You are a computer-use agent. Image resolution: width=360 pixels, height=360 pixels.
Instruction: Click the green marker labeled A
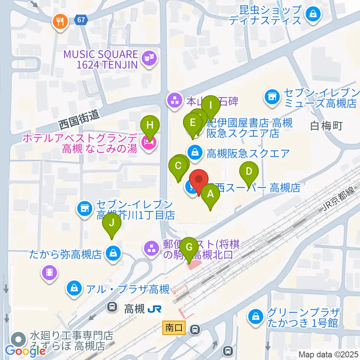tap(210, 195)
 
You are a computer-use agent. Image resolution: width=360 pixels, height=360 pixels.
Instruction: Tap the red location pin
tap(198, 180)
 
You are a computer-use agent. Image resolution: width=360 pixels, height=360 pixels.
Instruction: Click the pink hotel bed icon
tap(149, 143)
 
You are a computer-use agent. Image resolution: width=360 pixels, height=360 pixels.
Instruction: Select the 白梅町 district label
tap(326, 126)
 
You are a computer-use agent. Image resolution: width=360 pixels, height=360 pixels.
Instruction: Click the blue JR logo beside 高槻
tap(154, 309)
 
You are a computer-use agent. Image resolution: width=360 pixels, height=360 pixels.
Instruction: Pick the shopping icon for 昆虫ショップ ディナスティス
tap(312, 15)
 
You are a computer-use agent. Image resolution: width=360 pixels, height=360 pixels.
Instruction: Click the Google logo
tap(25, 351)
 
